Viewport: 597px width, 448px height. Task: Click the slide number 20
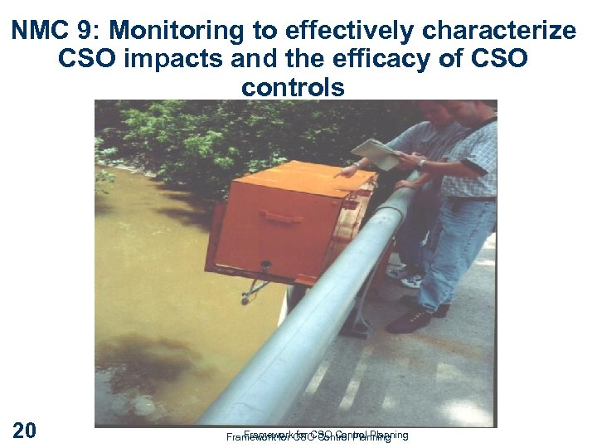point(24,430)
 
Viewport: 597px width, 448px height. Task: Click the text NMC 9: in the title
point(56,32)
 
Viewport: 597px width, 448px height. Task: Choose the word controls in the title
point(293,87)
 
